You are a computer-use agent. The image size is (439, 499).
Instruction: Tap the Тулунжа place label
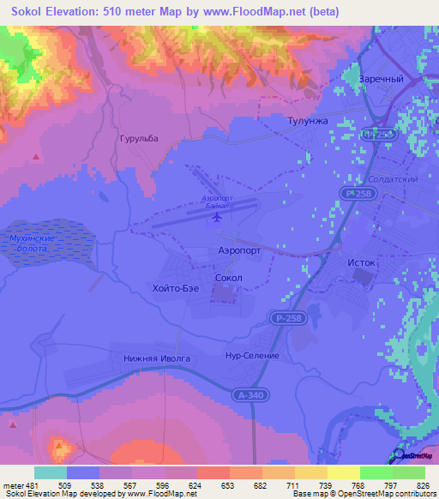(308, 122)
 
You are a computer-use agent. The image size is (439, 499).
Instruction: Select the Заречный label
(382, 79)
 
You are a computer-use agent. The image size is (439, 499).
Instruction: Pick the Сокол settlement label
(229, 279)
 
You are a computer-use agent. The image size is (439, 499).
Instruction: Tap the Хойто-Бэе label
(175, 289)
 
